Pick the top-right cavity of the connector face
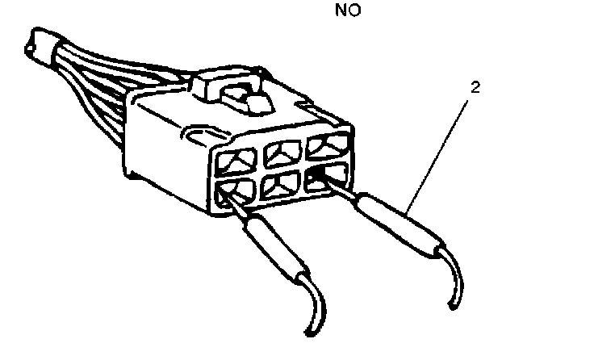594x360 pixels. pyautogui.click(x=329, y=145)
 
